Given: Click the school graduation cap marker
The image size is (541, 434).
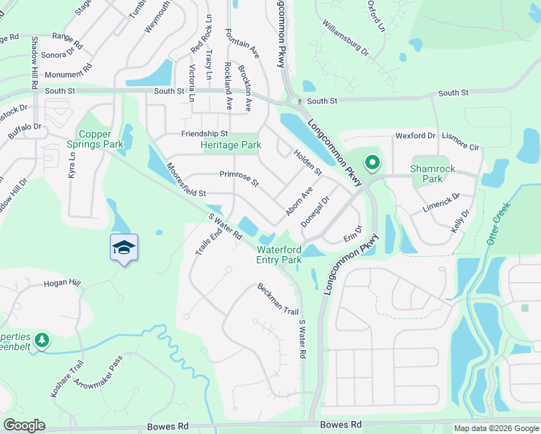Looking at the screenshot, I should tap(124, 247).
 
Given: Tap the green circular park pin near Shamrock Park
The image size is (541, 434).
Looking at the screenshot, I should tap(372, 163).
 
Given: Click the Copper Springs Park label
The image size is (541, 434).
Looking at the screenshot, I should tap(101, 139).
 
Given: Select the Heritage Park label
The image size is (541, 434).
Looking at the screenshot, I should tap(231, 145).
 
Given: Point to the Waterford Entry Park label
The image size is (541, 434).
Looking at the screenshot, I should tap(279, 255).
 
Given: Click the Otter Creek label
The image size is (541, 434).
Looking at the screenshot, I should tap(498, 224).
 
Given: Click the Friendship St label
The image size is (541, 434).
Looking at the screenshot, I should tap(205, 134).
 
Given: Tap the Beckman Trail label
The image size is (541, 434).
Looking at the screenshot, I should tap(278, 299).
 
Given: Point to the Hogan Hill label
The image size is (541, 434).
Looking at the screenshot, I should tap(61, 284).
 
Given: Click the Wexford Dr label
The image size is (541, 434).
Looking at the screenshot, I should tap(415, 135).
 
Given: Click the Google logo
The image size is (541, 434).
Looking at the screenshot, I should tap(24, 425).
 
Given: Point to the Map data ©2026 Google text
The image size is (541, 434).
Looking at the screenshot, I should tap(496, 428).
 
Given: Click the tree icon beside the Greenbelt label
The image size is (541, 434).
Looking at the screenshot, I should tap(42, 339).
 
